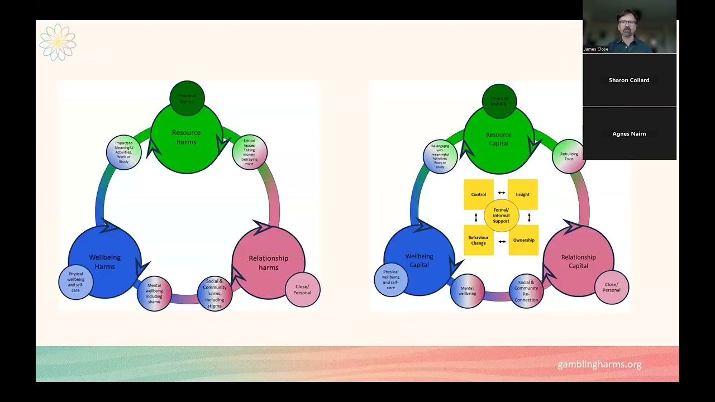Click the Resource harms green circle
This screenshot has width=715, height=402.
click(x=187, y=137)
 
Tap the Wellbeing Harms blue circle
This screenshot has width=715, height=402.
click(x=104, y=261)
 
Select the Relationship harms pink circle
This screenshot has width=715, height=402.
click(x=268, y=262)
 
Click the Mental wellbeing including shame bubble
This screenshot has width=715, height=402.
click(x=154, y=293)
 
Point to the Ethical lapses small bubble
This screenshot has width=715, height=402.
click(x=250, y=152)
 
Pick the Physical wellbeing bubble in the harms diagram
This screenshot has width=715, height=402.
click(x=75, y=282)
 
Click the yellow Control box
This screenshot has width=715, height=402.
click(x=478, y=194)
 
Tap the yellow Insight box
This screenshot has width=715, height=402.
click(x=523, y=194)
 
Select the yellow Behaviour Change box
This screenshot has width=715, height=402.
click(x=478, y=240)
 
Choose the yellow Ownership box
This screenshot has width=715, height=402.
click(x=523, y=240)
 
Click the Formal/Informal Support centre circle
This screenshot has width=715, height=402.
click(x=501, y=216)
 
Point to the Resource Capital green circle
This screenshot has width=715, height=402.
click(x=498, y=139)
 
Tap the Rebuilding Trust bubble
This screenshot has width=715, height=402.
click(x=569, y=156)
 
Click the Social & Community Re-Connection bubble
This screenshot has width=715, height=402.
click(x=526, y=291)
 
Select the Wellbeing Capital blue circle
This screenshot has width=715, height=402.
click(x=419, y=260)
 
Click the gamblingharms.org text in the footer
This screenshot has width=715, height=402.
click(x=599, y=365)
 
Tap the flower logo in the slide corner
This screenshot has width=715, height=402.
click(x=58, y=42)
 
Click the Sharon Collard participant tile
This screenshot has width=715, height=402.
click(x=629, y=80)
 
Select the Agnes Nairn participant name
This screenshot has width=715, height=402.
click(x=629, y=134)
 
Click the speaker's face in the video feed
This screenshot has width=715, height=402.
click(x=627, y=25)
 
